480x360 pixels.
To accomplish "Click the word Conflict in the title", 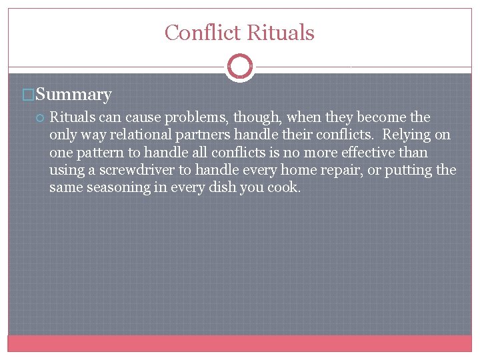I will click(x=203, y=33).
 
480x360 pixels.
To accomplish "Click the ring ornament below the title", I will click(x=240, y=67).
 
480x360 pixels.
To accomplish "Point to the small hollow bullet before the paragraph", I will click(x=40, y=118).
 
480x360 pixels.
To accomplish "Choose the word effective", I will click(x=367, y=153).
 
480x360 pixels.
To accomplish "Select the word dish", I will click(x=225, y=187).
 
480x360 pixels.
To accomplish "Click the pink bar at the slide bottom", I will click(x=240, y=343).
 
